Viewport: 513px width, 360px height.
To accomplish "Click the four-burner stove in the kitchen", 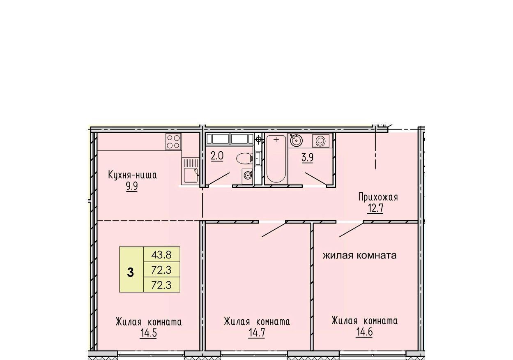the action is point(173,142).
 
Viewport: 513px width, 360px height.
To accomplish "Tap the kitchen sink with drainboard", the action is point(190,171).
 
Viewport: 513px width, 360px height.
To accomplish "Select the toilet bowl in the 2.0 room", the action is point(244,158).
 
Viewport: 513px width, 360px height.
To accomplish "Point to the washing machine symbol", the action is point(321,141).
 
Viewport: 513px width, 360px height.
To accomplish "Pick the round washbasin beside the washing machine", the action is point(296,140).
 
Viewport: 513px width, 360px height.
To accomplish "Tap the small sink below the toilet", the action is point(247,176).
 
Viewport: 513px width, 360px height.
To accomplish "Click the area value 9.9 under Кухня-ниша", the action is point(132,186).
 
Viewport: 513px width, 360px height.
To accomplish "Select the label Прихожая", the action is point(378,197).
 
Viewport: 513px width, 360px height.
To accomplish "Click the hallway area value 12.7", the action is point(375,208).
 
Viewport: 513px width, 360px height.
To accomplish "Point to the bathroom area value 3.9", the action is point(307,158).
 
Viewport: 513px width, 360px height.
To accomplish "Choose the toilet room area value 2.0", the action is point(217,156).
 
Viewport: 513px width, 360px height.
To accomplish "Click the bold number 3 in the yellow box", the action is point(131,273).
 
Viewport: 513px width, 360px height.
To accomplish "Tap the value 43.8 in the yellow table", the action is point(161,255).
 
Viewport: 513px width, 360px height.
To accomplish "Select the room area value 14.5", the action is point(148,333).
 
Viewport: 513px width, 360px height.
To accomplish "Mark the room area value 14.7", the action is point(257,333).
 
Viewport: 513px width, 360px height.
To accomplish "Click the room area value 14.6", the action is point(364,332).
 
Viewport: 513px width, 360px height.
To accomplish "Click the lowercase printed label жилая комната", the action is point(359,255).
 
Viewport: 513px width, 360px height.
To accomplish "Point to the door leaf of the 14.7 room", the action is point(274,230).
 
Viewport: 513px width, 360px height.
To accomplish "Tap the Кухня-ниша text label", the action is point(132,175).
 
